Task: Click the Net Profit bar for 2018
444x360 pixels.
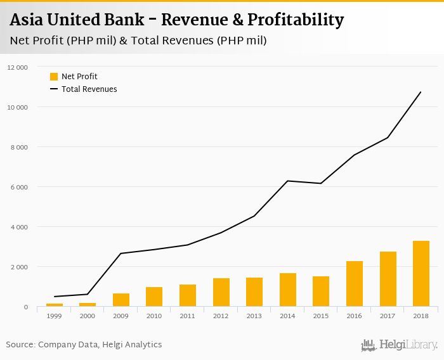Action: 421,274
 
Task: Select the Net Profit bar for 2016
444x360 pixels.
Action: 355,284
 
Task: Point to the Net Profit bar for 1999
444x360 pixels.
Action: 55,305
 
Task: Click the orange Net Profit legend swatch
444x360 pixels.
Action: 54,77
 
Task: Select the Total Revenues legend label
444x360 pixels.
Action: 89,89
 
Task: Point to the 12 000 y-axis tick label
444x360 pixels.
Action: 18,67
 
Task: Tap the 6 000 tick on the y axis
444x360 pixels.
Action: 20,187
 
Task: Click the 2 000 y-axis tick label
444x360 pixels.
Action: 20,267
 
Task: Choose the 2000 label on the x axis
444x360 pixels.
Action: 88,316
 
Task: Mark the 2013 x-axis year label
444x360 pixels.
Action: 254,316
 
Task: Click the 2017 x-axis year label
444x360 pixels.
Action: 388,316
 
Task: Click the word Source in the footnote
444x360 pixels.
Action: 20,345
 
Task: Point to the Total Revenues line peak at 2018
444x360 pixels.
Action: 421,92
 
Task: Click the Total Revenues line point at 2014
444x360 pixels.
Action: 288,181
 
